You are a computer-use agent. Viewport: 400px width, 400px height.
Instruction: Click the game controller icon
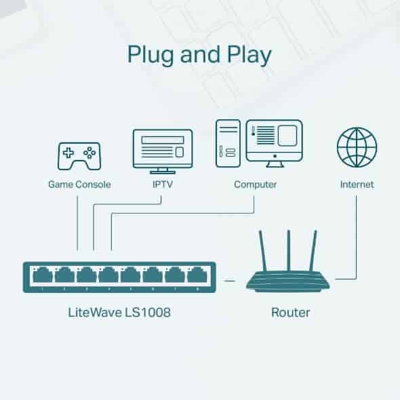[x=79, y=155]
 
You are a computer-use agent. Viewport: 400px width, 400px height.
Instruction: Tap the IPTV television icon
[x=161, y=149]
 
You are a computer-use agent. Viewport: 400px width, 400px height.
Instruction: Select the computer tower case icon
[x=227, y=144]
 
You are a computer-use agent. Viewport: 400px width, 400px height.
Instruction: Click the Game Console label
[x=79, y=184]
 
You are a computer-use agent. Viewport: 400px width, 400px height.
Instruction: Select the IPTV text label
[x=161, y=184]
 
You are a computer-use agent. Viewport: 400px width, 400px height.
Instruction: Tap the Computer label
[x=255, y=184]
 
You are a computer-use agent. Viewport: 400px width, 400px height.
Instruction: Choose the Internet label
[x=357, y=184]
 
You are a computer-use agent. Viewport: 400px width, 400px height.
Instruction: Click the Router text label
[x=290, y=313]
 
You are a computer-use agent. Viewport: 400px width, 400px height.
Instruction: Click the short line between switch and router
[x=231, y=279]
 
